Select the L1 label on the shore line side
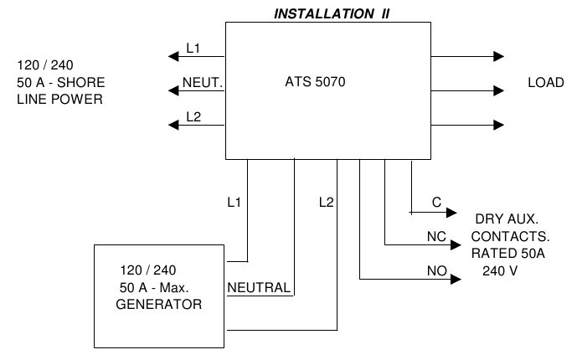(x=193, y=49)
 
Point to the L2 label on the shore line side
(x=193, y=116)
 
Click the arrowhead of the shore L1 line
(x=173, y=57)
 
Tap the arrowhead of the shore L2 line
(x=173, y=125)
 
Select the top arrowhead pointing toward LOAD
(x=499, y=57)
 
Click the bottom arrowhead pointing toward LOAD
(x=499, y=125)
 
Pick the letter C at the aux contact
(x=436, y=202)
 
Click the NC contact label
(x=436, y=236)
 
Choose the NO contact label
(x=436, y=270)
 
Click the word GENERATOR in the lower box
(x=159, y=305)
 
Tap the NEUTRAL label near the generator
(x=260, y=288)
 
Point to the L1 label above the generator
(x=234, y=202)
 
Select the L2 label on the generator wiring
(x=327, y=202)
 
